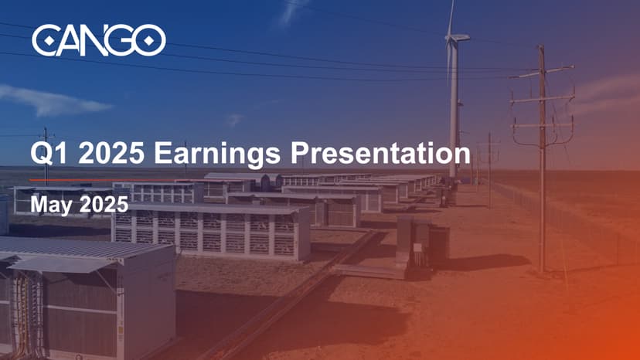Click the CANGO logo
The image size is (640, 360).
(x=98, y=40)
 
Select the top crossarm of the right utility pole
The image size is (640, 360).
(x=542, y=74)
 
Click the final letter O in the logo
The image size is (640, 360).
(x=150, y=40)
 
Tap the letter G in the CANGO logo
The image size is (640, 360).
(x=122, y=40)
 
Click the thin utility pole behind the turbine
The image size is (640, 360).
(x=489, y=170)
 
